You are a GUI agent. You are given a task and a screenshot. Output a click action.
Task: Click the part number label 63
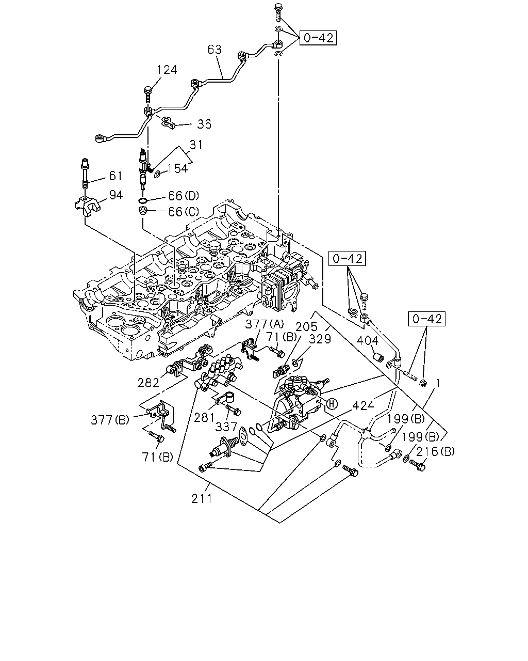[x=214, y=50]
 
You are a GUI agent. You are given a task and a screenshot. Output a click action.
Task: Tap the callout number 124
[x=167, y=70]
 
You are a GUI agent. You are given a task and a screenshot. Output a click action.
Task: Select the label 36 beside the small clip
[x=204, y=124]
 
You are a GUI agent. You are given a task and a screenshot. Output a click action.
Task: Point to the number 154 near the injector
[x=178, y=168]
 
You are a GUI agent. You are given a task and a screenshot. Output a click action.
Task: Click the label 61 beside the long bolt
[x=116, y=176]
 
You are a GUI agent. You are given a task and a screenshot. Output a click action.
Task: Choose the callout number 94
[x=116, y=195]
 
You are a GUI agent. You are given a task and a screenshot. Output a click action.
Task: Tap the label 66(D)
[x=184, y=196]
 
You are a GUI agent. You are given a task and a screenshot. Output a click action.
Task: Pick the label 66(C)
[x=184, y=212]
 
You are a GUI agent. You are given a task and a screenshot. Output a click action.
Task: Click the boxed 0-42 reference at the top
[x=318, y=38]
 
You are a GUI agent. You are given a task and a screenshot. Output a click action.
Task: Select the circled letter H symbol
[x=332, y=404]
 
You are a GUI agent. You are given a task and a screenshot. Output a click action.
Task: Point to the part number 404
[x=368, y=341]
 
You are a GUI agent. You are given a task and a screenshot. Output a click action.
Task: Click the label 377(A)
[x=265, y=324]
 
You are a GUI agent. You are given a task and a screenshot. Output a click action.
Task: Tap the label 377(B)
[x=110, y=420]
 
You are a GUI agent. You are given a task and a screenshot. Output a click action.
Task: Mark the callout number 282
[x=148, y=383]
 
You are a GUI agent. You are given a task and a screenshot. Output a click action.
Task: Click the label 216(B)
[x=435, y=451]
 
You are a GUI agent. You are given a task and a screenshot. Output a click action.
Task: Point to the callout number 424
[x=363, y=406]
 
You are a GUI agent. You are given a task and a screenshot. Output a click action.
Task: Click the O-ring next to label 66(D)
[x=143, y=201]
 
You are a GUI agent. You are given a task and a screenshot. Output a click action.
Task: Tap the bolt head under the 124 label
[x=148, y=90]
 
